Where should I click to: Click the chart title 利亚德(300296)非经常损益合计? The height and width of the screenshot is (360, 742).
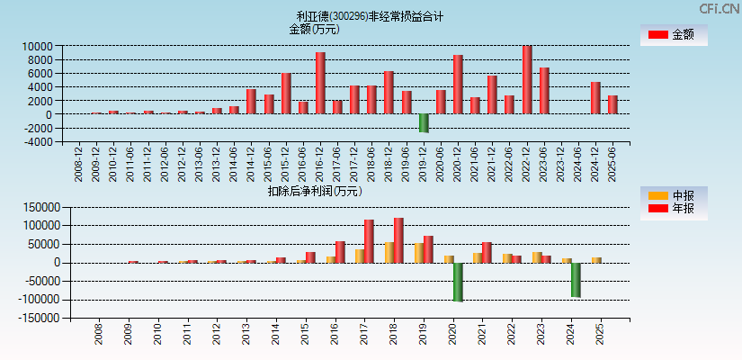click(x=371, y=16)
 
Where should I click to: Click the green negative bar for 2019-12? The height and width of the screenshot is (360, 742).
click(x=424, y=123)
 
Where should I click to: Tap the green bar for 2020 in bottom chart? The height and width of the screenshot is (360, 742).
click(x=458, y=282)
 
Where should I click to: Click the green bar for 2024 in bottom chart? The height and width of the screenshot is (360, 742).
click(x=576, y=280)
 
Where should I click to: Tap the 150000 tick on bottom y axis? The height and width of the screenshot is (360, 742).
click(x=41, y=207)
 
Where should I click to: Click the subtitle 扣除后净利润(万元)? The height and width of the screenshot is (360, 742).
click(x=314, y=191)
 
